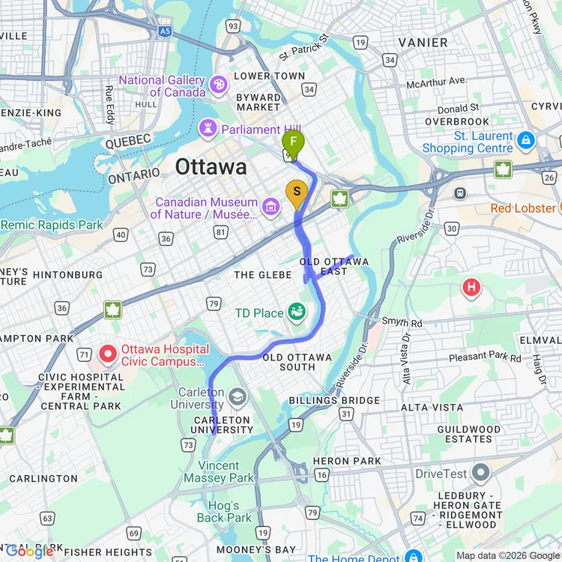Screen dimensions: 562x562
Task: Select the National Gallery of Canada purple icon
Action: coord(219,83)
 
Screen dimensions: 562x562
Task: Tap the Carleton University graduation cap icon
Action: coord(238,396)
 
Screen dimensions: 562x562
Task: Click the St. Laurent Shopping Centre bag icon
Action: coord(526,140)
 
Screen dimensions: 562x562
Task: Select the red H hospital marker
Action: coord(471,286)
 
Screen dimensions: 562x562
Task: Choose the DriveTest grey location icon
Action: coord(480,474)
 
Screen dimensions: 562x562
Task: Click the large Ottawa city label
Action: coord(211,167)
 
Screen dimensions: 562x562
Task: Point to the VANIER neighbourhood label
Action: coord(423,43)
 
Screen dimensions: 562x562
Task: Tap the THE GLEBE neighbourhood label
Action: coord(262,275)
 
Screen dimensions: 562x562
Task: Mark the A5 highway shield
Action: coord(164,31)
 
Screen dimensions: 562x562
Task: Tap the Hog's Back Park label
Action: coord(224,512)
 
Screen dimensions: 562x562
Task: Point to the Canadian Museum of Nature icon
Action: coord(271,204)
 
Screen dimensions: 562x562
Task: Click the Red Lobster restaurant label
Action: coord(522,208)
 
